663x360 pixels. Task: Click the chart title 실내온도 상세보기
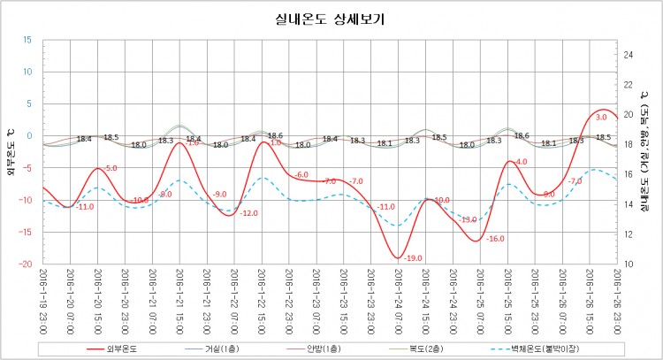[331, 19]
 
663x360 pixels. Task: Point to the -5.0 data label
[110, 168]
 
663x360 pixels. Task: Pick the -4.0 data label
[520, 162]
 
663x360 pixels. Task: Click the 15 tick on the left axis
[27, 40]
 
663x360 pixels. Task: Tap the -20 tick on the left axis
[26, 264]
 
